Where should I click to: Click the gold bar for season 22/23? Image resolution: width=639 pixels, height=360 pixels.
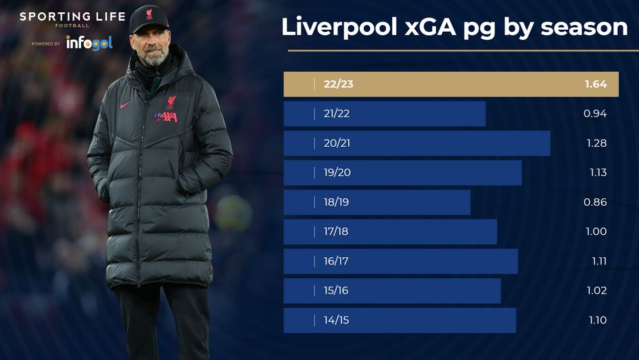click(x=451, y=85)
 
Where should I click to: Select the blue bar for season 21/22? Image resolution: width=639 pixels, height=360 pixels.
click(x=384, y=114)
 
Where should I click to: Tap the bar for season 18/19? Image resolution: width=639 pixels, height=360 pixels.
click(x=377, y=202)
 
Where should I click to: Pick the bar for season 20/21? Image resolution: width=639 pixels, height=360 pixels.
click(x=417, y=143)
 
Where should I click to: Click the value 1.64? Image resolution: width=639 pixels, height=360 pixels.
click(x=595, y=85)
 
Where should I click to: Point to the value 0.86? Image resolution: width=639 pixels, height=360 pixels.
click(x=595, y=202)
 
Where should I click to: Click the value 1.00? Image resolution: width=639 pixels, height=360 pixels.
click(x=595, y=231)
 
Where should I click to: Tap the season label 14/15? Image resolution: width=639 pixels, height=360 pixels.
click(x=336, y=320)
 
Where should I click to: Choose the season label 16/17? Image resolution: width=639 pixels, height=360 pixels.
click(x=336, y=261)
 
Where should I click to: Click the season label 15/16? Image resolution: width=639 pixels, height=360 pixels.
click(x=336, y=290)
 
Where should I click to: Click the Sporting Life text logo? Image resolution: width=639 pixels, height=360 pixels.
click(x=63, y=17)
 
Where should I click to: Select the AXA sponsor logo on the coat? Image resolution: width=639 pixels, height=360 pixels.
click(x=166, y=116)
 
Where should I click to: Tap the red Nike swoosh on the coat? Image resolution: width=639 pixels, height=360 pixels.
click(x=125, y=106)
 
